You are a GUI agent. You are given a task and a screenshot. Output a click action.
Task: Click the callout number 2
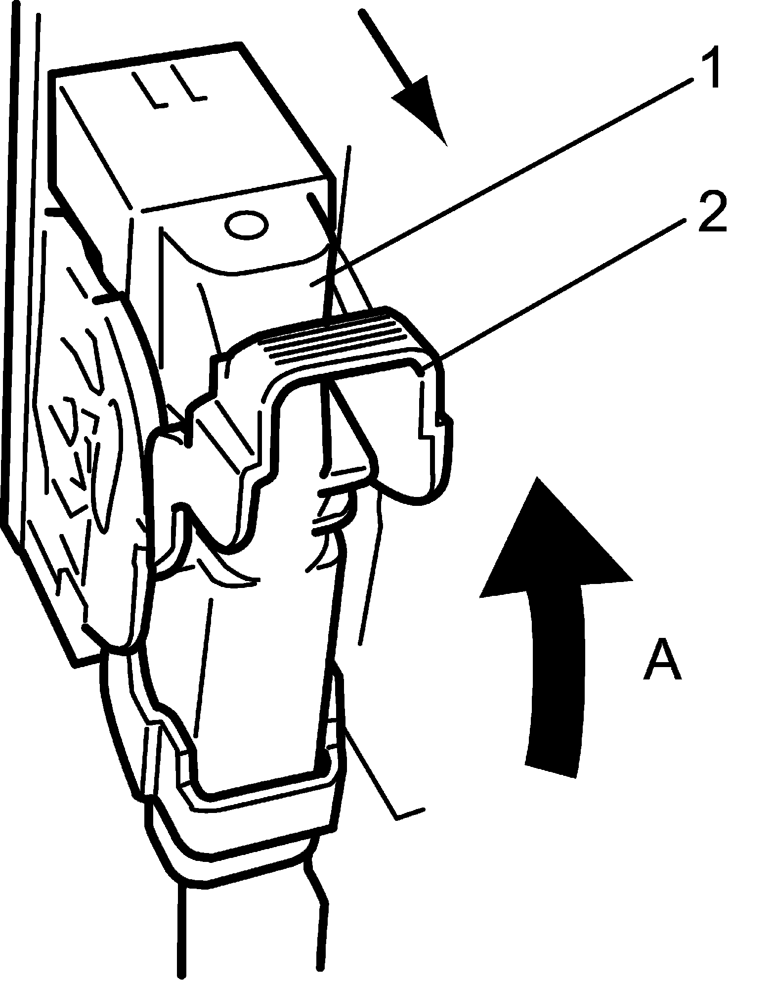point(712,213)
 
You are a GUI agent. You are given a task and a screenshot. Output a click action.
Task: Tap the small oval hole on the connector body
point(246,225)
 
